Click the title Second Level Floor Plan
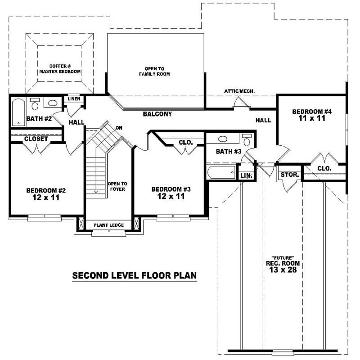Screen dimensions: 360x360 click(x=135, y=275)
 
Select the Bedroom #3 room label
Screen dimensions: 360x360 click(x=171, y=193)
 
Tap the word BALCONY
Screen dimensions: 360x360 click(x=157, y=114)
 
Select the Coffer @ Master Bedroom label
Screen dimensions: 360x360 click(x=59, y=69)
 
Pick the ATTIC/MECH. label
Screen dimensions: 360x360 click(x=239, y=91)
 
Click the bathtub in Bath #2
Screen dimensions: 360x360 click(x=18, y=112)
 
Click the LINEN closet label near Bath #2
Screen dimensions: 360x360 click(x=73, y=99)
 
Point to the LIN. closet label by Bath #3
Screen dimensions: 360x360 click(x=246, y=175)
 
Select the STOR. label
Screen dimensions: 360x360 click(x=288, y=174)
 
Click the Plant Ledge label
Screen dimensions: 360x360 click(x=108, y=225)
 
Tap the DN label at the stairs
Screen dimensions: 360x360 click(x=119, y=128)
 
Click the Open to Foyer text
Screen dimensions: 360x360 click(x=117, y=186)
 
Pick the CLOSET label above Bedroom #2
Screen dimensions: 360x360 click(x=36, y=139)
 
